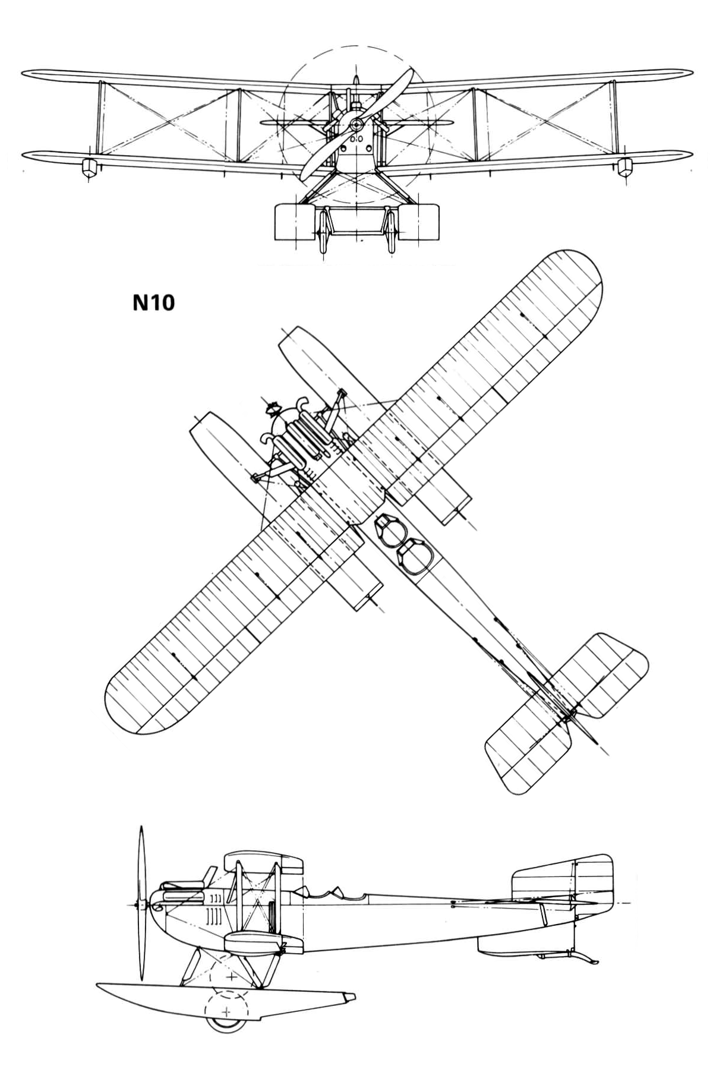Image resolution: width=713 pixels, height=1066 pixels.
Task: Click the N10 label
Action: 153,303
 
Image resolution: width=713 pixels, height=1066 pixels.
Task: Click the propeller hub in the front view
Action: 356,124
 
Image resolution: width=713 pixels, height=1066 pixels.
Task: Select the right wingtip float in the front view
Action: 624,168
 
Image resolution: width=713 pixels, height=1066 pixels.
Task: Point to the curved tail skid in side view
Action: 582,956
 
